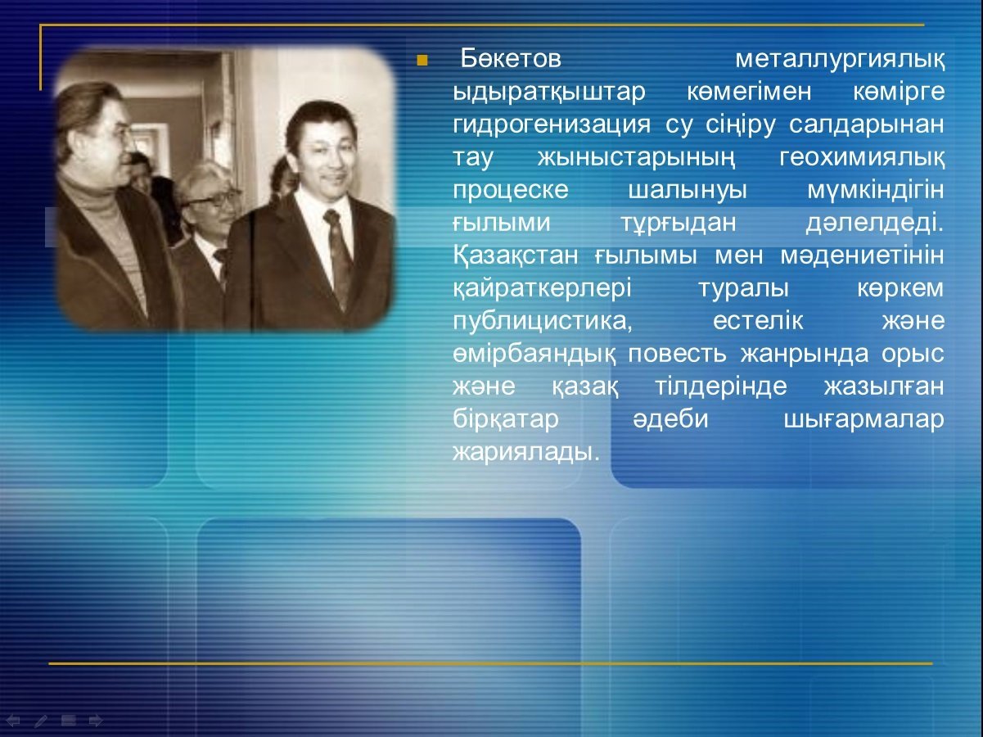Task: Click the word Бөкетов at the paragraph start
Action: (x=511, y=58)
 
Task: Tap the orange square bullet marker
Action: (x=422, y=61)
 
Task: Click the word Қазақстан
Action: (x=515, y=256)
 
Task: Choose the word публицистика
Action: (x=543, y=322)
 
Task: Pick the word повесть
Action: (x=677, y=354)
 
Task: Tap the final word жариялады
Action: (x=525, y=453)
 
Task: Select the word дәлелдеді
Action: (x=875, y=223)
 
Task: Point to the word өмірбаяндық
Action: (x=534, y=355)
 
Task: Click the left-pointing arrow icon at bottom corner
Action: (x=13, y=721)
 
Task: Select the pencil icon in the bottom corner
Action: (x=40, y=721)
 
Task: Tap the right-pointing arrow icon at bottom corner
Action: (x=96, y=721)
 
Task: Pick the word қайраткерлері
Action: (x=542, y=289)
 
